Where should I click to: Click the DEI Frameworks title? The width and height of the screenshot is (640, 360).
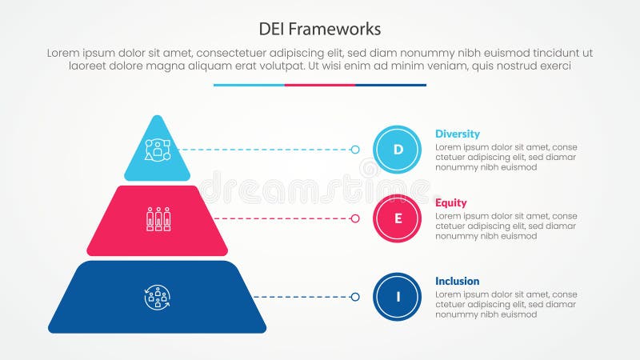coord(320,29)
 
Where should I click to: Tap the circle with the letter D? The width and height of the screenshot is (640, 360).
coord(398,150)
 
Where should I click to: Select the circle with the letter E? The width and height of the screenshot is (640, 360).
coord(398,218)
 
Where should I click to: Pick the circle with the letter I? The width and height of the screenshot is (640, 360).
coord(398,297)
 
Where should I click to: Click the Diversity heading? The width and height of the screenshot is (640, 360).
coord(458,134)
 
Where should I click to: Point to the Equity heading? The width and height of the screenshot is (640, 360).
coord(451,202)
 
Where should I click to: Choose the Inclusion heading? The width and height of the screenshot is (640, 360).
coord(458,281)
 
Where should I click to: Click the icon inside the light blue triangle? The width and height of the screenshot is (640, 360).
coord(158,150)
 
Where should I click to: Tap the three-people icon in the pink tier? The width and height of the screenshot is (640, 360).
coord(158,218)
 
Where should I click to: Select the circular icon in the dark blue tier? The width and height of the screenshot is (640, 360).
coord(158,297)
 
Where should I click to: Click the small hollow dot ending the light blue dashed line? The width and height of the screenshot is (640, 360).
coord(355,150)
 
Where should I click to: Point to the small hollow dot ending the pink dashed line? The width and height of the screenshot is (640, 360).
coord(355,218)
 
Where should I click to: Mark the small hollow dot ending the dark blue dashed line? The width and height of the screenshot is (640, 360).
coord(355,297)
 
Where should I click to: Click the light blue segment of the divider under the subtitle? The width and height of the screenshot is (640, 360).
coord(249,85)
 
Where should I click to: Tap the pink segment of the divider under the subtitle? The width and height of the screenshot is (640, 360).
coord(320,85)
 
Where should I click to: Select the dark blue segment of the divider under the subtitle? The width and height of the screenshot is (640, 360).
coord(390,85)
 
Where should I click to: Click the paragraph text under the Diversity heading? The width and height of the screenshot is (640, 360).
coord(506,158)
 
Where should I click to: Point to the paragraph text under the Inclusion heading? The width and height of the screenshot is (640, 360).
coord(506,305)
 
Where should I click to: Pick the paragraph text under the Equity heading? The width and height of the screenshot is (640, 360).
coord(506,226)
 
